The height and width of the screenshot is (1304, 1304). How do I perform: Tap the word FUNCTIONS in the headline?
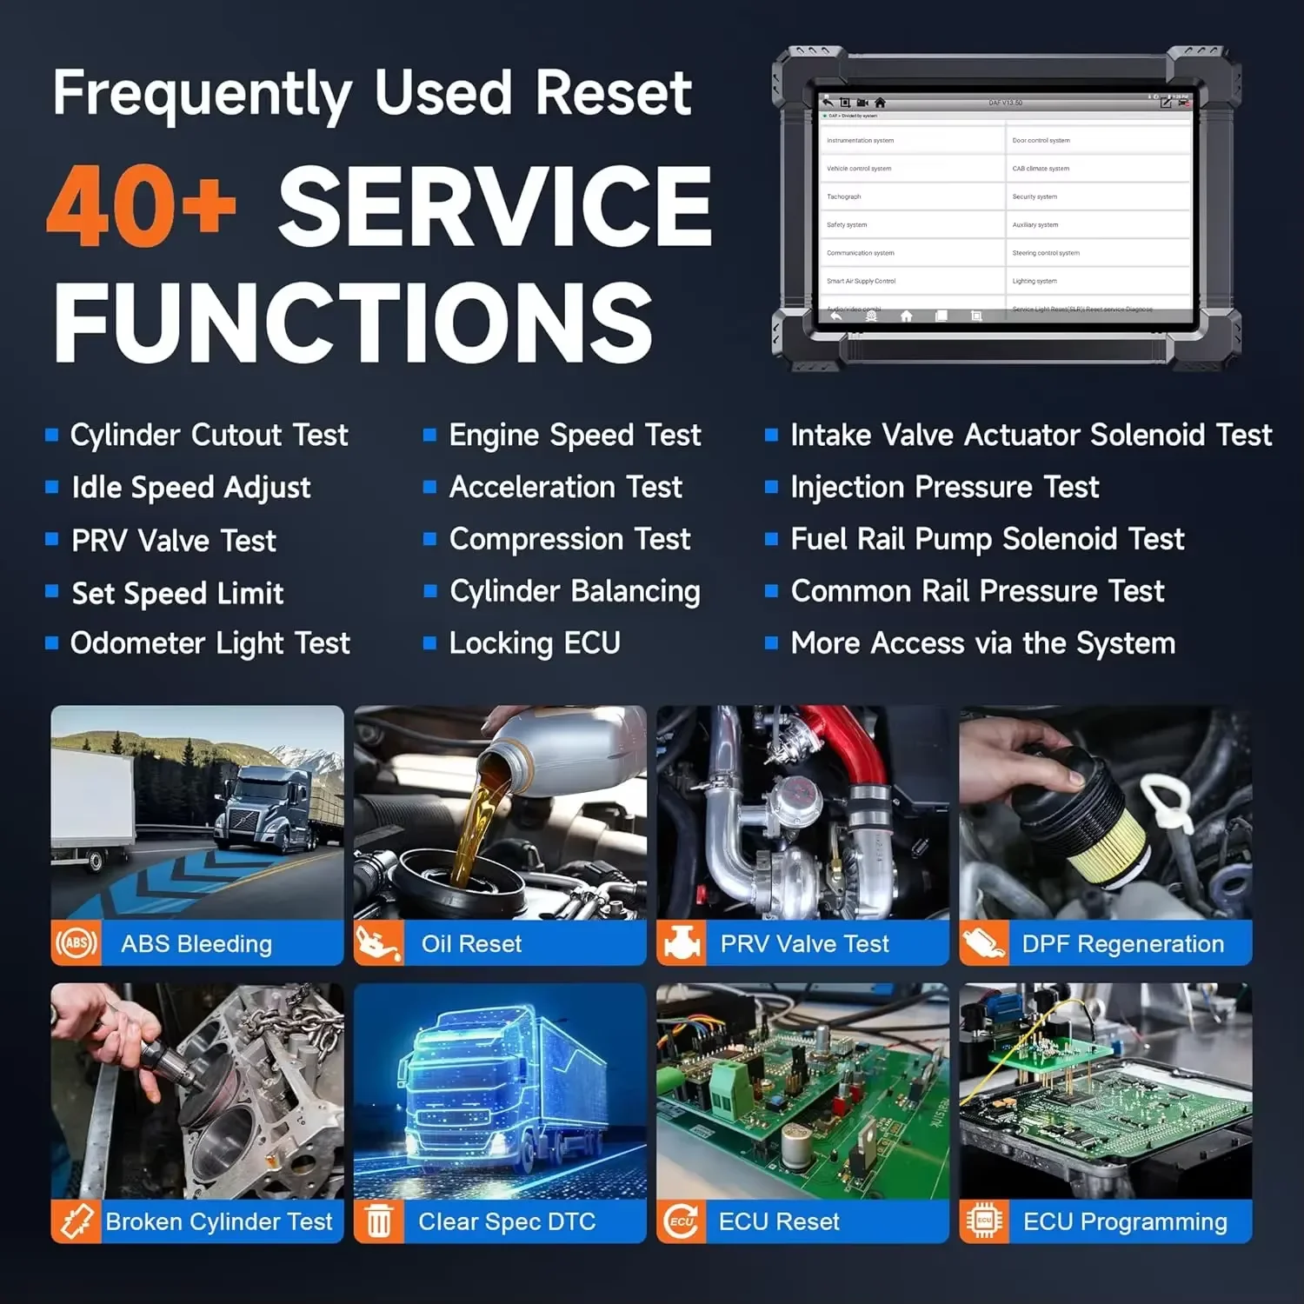353,323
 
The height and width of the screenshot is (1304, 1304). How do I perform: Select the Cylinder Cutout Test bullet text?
209,435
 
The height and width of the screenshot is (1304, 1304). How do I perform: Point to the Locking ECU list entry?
535,643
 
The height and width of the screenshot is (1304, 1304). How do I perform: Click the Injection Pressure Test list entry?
944,487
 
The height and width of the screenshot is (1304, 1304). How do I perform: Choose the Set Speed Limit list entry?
177,593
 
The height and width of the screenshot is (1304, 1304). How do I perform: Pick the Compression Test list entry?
569,539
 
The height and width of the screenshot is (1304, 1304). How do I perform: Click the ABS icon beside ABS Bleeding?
77,943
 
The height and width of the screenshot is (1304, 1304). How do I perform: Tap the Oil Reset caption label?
471,944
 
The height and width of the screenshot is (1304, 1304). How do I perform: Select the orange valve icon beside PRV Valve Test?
682,943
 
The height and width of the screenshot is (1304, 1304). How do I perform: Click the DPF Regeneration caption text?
1122,944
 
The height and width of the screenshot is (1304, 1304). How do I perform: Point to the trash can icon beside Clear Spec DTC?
379,1221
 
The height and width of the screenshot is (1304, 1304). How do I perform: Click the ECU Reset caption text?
779,1221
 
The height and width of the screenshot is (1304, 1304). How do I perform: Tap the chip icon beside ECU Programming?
984,1221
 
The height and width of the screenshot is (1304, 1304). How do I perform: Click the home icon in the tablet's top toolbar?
880,103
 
